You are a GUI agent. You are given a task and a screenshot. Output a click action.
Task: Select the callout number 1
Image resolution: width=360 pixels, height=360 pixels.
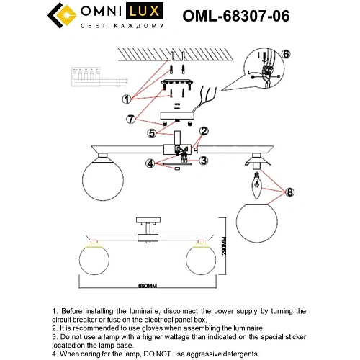(126, 99)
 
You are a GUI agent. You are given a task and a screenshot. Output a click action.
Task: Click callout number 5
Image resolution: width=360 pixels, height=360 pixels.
(153, 132)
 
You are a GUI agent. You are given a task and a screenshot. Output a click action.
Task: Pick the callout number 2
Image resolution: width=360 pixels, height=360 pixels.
(204, 131)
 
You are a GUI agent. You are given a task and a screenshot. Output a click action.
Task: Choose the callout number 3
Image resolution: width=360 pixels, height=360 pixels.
(204, 160)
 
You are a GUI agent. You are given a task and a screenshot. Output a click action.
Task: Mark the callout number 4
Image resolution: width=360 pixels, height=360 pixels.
(150, 163)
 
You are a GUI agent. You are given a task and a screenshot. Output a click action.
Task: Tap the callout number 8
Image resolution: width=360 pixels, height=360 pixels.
(289, 192)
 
